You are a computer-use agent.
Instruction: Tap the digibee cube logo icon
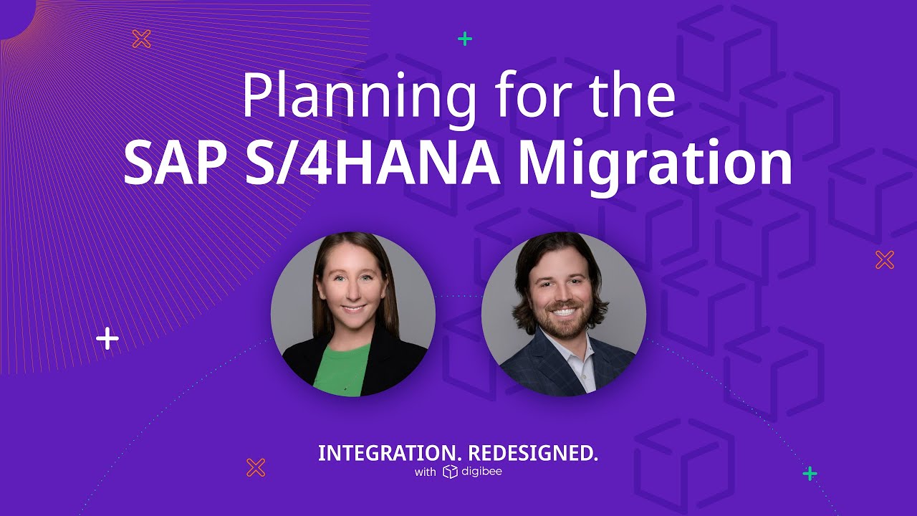(450, 472)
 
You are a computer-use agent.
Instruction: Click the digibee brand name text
(482, 472)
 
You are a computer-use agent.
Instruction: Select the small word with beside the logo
(424, 472)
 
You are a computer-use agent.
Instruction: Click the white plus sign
(107, 338)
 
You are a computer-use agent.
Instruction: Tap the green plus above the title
(465, 39)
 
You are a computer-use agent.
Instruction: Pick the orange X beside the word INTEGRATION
(256, 468)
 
